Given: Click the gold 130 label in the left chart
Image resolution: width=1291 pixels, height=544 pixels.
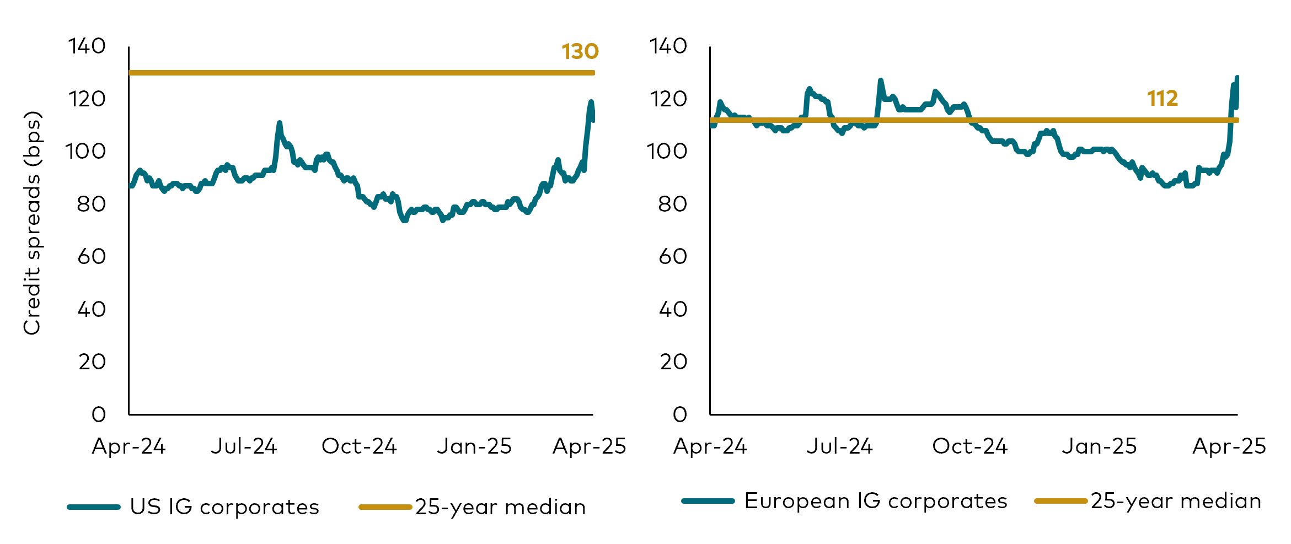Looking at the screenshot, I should coord(580,51).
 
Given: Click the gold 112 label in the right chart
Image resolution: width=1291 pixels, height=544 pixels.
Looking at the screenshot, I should coord(1162,99).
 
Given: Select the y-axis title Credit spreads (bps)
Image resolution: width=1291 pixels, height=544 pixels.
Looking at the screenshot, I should coord(32,223).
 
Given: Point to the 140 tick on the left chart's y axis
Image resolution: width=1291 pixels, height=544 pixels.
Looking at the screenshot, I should coord(87,46).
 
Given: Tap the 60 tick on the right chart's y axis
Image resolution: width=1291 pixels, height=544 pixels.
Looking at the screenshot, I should coord(673,257).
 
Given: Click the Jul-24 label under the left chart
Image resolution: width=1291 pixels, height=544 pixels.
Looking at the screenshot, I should coord(244,446).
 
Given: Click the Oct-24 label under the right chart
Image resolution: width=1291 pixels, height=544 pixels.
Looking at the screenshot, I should coord(969,446).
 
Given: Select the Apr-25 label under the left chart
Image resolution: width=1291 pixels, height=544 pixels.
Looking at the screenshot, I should coord(589,446).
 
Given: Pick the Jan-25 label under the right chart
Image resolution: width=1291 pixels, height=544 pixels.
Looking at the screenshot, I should coord(1099,446).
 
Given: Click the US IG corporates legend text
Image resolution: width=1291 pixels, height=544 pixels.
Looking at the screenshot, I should coord(224,507).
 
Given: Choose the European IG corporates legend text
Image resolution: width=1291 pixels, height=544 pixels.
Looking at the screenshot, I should coord(876,501).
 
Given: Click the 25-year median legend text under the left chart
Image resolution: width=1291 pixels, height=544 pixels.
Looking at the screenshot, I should coord(500,507).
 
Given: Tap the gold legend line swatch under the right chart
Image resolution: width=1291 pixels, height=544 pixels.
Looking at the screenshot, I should coord(1060,501).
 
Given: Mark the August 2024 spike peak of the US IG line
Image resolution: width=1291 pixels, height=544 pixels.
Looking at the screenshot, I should coord(280,123).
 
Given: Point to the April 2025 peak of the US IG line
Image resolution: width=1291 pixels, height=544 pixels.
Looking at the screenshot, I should coord(591,102).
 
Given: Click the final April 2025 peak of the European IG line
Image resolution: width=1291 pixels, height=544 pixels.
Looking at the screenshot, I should coord(1237,78).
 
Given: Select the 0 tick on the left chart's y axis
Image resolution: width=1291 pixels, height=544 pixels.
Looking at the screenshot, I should coord(99,414).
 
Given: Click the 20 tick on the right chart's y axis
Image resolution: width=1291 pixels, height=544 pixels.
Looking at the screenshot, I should coord(673,362).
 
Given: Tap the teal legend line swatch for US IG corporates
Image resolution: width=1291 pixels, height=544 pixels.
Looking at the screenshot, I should coord(94,507).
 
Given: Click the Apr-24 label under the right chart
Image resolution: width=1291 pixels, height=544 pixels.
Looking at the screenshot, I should coord(710,446).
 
